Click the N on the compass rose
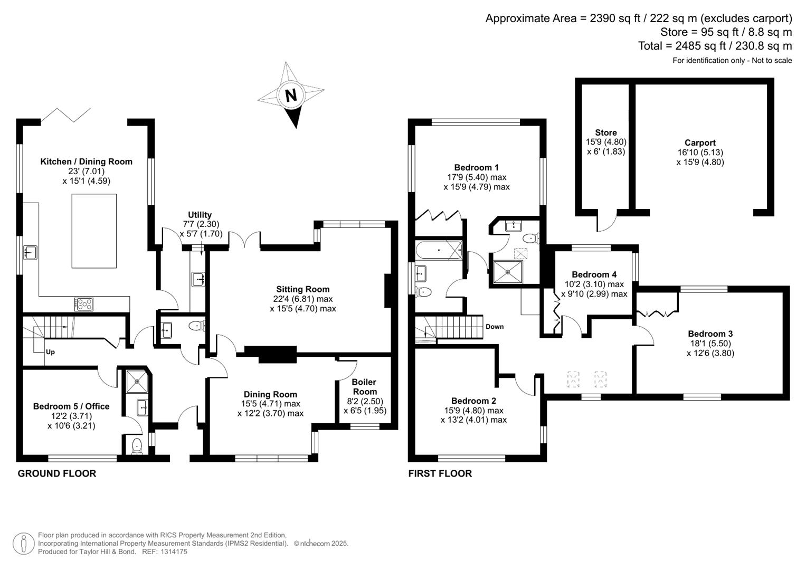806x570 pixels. coord(291,96)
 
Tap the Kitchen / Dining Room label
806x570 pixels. coord(87,161)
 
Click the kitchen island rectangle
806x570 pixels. coord(94,231)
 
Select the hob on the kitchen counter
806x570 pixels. coord(84,304)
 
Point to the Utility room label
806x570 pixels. coord(200,215)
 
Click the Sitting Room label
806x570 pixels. coord(302,289)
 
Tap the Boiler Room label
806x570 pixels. coord(365,386)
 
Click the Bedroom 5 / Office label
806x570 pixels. coord(71,406)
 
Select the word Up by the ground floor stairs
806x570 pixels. coord(50,352)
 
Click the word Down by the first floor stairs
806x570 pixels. coord(495,327)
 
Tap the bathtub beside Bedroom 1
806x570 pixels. coord(439,250)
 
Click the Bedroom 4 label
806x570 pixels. coord(594,274)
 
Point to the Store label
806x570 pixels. coord(606,132)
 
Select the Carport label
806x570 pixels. coord(700,143)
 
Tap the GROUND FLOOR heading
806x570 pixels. coord(57,473)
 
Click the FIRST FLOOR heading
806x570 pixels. coord(440,473)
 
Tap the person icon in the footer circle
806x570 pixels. coord(24,544)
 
